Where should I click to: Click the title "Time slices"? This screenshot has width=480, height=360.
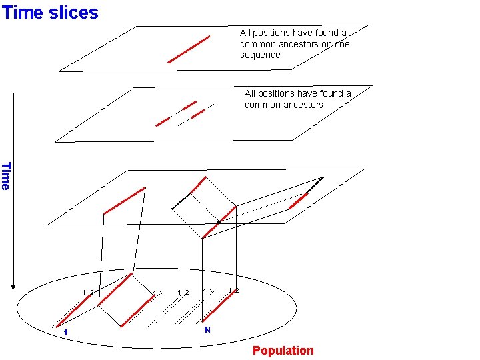pos(50,12)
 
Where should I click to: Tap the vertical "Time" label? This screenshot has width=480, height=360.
pos(6,176)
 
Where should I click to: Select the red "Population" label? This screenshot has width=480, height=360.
pos(283,351)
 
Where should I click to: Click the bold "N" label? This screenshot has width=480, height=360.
pos(207,330)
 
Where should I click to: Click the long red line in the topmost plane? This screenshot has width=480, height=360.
pos(189,49)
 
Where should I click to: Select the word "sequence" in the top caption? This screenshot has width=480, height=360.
pos(260,55)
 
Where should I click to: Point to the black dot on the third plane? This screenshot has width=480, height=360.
pos(219,221)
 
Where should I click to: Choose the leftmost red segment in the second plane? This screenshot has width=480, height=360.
pos(163,121)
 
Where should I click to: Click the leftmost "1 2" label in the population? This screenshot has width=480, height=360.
pos(87,293)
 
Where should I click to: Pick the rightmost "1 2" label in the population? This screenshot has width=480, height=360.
pos(233,290)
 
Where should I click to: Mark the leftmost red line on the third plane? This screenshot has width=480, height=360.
pos(124,201)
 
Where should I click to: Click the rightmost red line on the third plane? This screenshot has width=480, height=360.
pos(298,199)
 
